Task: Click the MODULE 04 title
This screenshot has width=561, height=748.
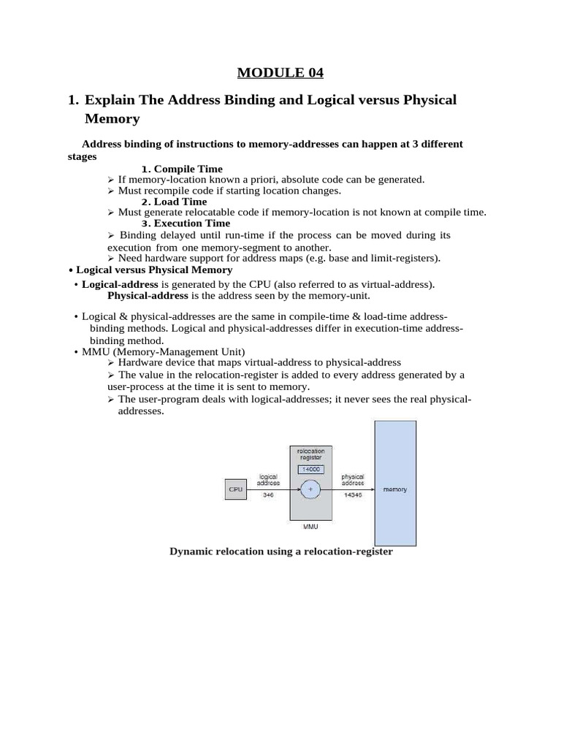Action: tap(280, 72)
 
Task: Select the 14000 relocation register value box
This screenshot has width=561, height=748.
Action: tap(311, 469)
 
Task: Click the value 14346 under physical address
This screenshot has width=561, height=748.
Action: tap(353, 495)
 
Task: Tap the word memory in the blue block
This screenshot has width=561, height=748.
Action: tap(395, 489)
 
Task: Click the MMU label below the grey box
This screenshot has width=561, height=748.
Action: tap(310, 525)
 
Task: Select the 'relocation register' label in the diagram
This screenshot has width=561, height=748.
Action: tap(311, 454)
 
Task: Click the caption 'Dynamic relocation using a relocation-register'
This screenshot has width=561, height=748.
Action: tap(281, 552)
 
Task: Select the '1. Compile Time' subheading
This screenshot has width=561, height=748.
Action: tap(182, 169)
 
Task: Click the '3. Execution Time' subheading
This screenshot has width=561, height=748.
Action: tap(186, 223)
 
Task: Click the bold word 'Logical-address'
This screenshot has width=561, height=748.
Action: tap(120, 284)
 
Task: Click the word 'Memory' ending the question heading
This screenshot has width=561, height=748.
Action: tap(112, 118)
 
